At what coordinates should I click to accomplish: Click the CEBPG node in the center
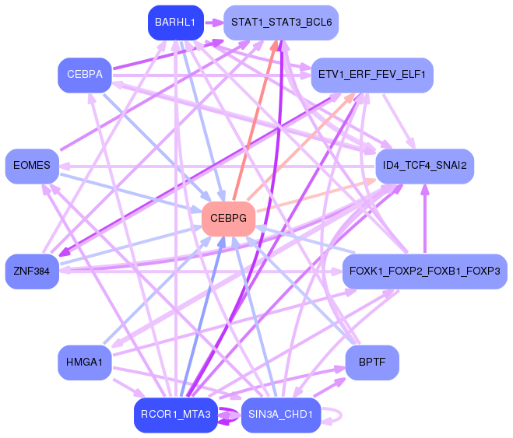pos(228,219)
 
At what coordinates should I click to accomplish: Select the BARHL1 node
pos(175,23)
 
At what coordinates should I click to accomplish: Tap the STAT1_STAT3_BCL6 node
pos(281,23)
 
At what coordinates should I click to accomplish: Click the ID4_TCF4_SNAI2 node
pos(424,166)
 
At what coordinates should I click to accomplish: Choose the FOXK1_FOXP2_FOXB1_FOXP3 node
pos(425,272)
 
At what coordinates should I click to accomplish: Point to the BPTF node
pos(372,363)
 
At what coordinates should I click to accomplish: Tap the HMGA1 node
pos(85,363)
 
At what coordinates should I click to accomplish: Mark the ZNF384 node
pos(32,272)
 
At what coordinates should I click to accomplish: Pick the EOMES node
pos(32,166)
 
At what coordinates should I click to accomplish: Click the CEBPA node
pos(85,75)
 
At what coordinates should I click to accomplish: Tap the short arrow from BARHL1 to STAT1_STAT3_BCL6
pos(213,23)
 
